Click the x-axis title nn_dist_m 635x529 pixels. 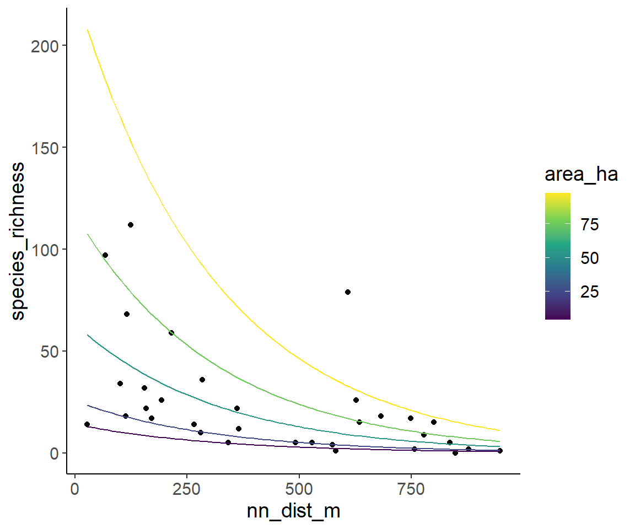(293, 511)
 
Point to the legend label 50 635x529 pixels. (589, 258)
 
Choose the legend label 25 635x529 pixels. (589, 292)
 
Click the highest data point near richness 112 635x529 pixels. (131, 225)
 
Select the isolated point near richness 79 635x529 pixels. (348, 292)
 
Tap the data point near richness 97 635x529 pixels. (105, 255)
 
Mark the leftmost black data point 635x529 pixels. (87, 424)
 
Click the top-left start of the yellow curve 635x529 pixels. (87, 30)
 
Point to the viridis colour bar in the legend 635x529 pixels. (557, 256)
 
